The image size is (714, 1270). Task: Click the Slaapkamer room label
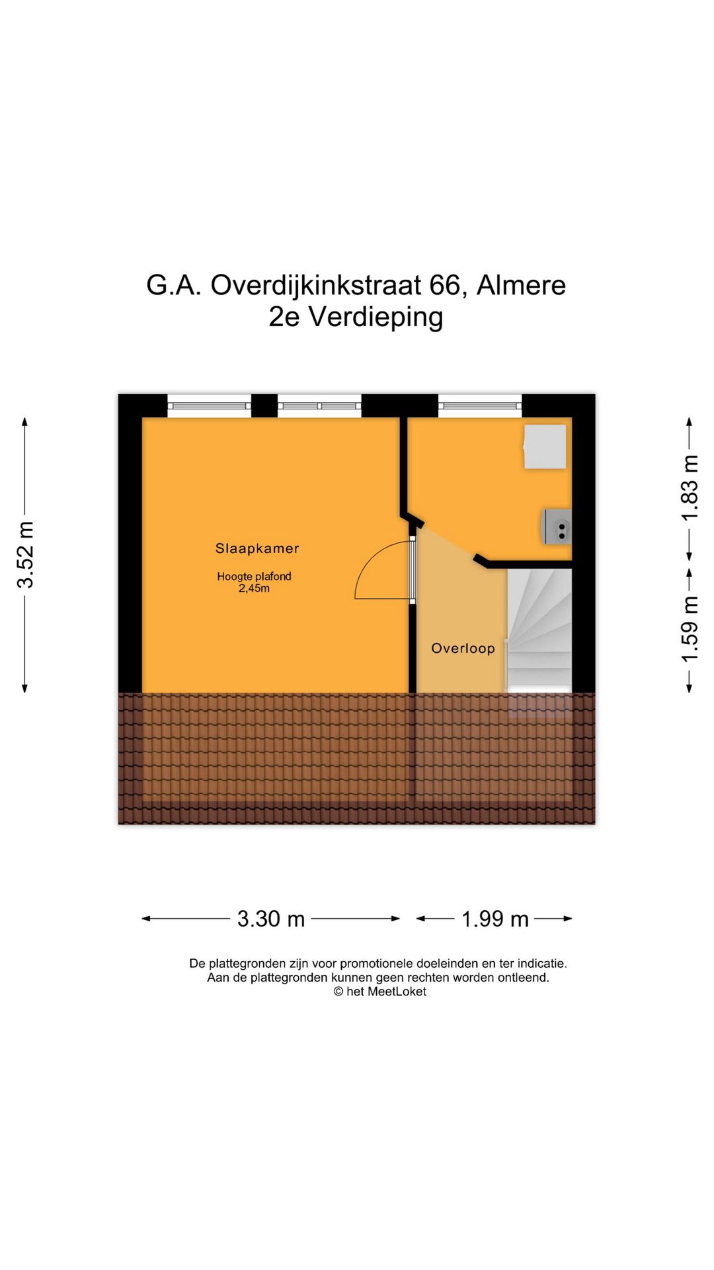coord(257,548)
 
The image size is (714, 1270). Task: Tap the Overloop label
coord(463,648)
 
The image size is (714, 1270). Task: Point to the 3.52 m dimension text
coord(25,554)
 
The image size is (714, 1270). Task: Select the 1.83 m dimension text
coord(690,488)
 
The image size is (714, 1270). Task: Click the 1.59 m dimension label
coord(690,628)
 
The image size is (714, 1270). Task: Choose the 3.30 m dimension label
coord(271,919)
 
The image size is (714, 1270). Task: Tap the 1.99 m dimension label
coord(495,919)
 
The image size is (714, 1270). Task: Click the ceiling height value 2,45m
coord(254,588)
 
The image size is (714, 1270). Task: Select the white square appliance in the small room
coord(545,447)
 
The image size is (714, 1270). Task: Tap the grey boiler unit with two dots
coord(557,527)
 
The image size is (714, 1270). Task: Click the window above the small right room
coord(480,405)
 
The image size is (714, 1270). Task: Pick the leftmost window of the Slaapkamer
coord(209,405)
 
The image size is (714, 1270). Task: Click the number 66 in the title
coord(444,286)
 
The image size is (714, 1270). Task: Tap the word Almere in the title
coord(521,286)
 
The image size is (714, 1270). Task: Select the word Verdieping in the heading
coord(376,317)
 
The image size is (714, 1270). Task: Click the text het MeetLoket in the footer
coord(386,992)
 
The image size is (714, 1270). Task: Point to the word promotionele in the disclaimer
coord(377,964)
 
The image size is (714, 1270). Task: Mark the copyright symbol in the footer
coord(338,992)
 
